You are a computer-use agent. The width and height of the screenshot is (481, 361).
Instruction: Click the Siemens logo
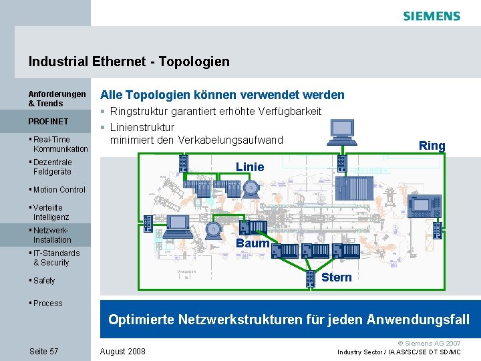(x=432, y=16)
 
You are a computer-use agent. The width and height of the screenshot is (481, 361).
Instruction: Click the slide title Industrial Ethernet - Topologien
(x=129, y=62)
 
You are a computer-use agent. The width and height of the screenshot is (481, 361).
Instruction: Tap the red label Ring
(x=432, y=146)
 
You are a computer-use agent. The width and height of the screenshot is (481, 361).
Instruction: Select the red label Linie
(x=250, y=166)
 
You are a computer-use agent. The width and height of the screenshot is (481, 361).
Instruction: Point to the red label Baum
(x=253, y=243)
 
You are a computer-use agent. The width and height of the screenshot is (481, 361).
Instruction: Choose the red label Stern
(x=336, y=277)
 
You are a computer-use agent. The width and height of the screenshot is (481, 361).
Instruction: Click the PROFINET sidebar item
(x=48, y=122)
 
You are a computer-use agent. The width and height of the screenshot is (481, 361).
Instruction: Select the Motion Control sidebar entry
(x=59, y=190)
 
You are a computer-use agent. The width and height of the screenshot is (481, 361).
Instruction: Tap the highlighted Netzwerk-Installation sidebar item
(x=52, y=235)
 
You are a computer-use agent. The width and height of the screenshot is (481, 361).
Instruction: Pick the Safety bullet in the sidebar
(x=44, y=281)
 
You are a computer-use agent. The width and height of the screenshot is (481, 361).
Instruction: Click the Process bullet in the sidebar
(x=47, y=304)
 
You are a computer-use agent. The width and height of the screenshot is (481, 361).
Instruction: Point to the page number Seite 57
(x=44, y=352)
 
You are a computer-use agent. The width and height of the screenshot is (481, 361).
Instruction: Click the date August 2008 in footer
(x=122, y=352)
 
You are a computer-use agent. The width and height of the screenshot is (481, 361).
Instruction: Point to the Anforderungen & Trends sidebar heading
(x=57, y=99)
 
